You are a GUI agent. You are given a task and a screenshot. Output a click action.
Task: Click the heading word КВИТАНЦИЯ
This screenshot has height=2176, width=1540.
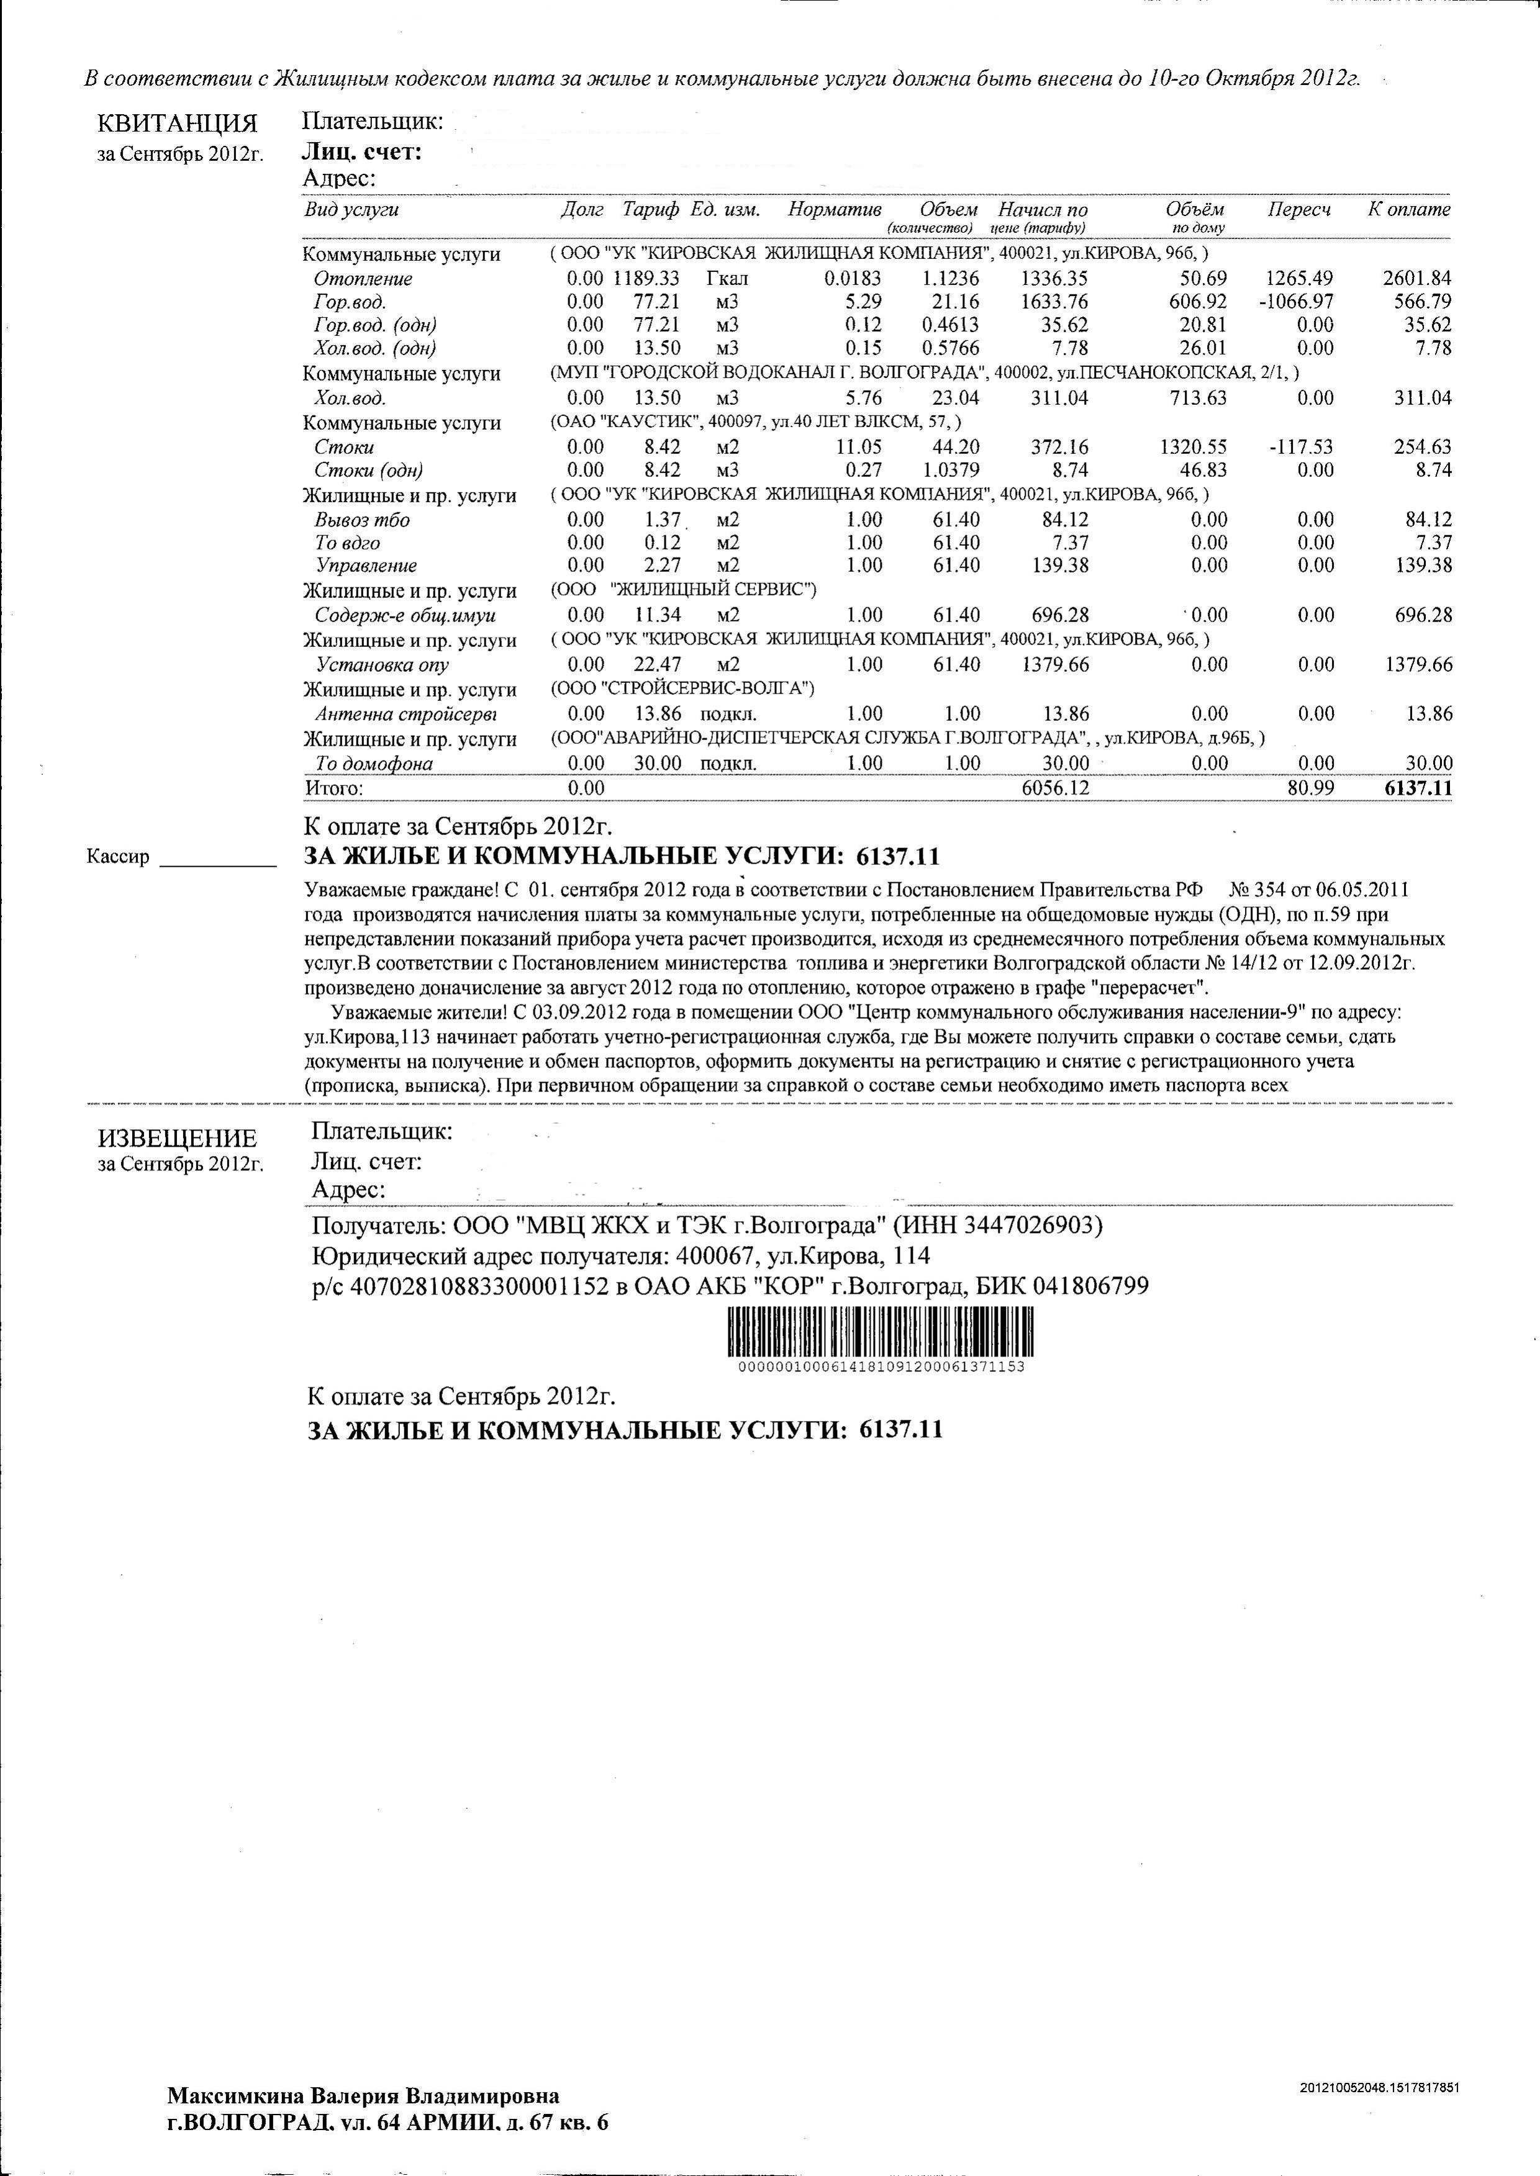click(178, 124)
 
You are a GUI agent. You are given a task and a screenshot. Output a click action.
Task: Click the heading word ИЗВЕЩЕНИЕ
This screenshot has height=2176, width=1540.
click(178, 1139)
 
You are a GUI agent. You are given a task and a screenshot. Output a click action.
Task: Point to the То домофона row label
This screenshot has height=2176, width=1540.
click(374, 763)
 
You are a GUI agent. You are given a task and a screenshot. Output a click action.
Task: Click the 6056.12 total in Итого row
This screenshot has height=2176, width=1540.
click(1056, 788)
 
